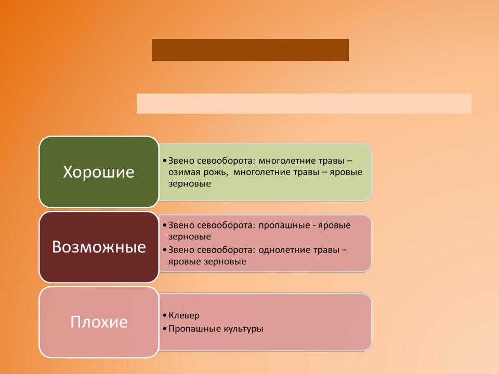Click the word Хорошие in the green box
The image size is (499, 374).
(x=99, y=172)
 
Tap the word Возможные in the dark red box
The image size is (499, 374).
(x=99, y=247)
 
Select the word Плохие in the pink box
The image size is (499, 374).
(x=99, y=322)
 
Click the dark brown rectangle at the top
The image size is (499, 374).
(x=250, y=50)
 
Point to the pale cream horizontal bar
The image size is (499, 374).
(x=304, y=104)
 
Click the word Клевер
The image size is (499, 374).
(x=184, y=315)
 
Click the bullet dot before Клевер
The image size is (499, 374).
(x=165, y=316)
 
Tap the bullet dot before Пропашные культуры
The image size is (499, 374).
(x=165, y=329)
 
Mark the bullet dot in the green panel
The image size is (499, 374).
(x=165, y=161)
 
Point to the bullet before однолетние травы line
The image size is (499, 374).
(x=165, y=250)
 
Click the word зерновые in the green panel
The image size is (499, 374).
(x=189, y=184)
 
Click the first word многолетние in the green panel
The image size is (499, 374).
(x=288, y=161)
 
